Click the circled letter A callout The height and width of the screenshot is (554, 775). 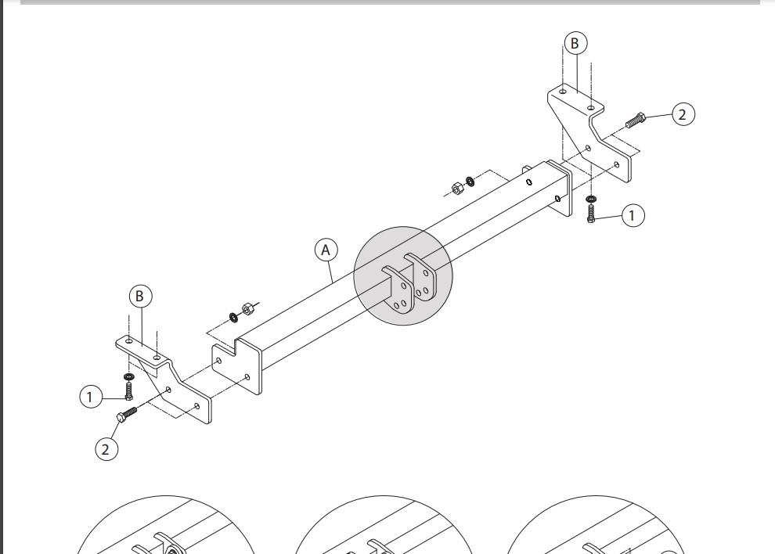pyautogui.click(x=326, y=250)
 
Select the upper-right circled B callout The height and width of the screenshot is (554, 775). pyautogui.click(x=575, y=44)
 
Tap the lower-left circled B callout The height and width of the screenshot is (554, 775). pyautogui.click(x=140, y=296)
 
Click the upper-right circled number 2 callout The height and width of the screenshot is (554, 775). pyautogui.click(x=683, y=115)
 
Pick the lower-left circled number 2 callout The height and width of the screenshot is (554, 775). pyautogui.click(x=106, y=449)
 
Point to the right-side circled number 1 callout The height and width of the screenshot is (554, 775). pyautogui.click(x=633, y=215)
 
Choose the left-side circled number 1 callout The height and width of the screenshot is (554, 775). pyautogui.click(x=91, y=397)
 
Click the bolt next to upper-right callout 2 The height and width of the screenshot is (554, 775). pyautogui.click(x=635, y=120)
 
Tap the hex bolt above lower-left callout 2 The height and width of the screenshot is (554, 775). pyautogui.click(x=126, y=414)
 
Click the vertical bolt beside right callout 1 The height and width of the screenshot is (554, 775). pyautogui.click(x=591, y=213)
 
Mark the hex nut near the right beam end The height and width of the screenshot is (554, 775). pyautogui.click(x=457, y=189)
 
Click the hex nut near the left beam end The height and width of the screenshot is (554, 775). pyautogui.click(x=247, y=309)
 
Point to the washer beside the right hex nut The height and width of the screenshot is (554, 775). pyautogui.click(x=470, y=182)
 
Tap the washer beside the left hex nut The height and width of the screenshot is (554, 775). pyautogui.click(x=233, y=317)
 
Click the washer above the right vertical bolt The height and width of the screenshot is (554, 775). pyautogui.click(x=591, y=200)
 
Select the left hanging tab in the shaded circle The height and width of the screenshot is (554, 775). pyautogui.click(x=399, y=291)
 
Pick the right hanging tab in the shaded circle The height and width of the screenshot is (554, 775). pyautogui.click(x=422, y=278)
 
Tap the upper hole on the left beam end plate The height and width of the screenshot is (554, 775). pyautogui.click(x=219, y=360)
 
